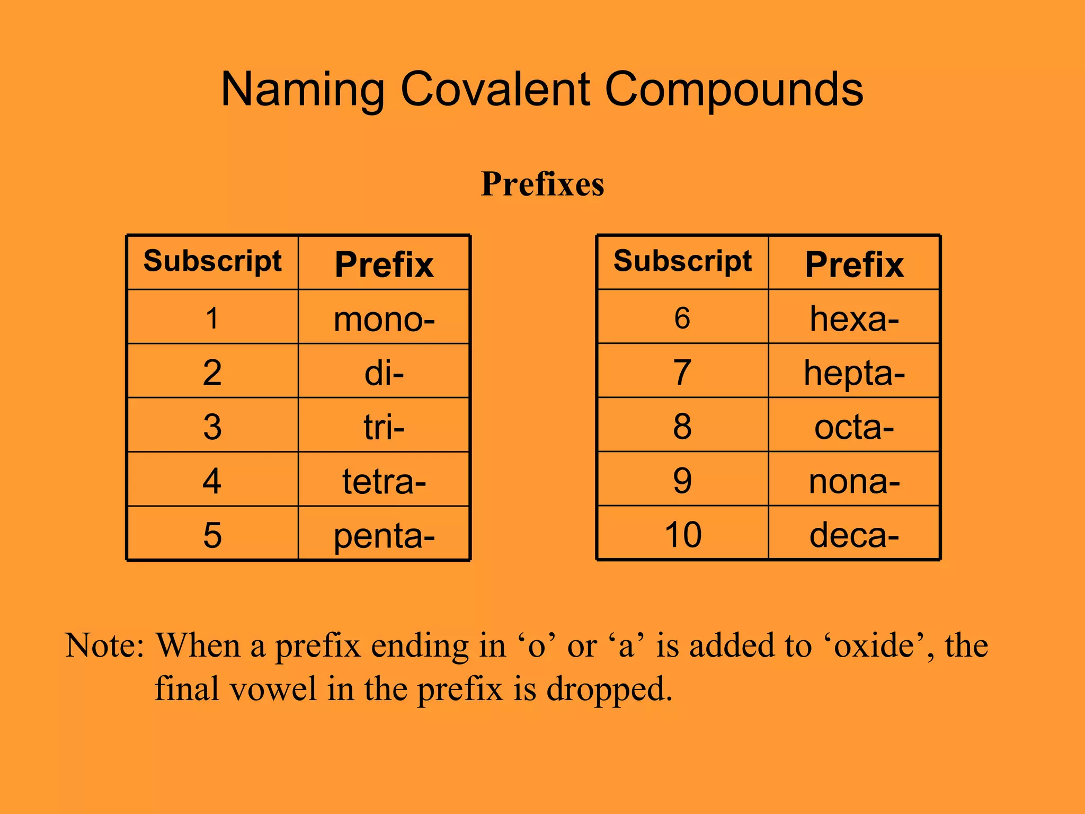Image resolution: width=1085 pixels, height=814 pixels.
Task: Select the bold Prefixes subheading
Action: tap(542, 184)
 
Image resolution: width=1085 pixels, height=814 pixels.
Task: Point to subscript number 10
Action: tap(683, 535)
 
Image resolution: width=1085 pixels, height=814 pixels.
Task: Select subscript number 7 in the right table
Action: tap(682, 373)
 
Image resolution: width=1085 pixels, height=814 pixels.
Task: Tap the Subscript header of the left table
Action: tap(212, 262)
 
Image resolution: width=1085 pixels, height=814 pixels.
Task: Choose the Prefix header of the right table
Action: tap(854, 264)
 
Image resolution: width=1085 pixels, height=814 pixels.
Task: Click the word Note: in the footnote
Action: tap(104, 646)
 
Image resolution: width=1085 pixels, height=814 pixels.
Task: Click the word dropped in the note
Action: tap(609, 689)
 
